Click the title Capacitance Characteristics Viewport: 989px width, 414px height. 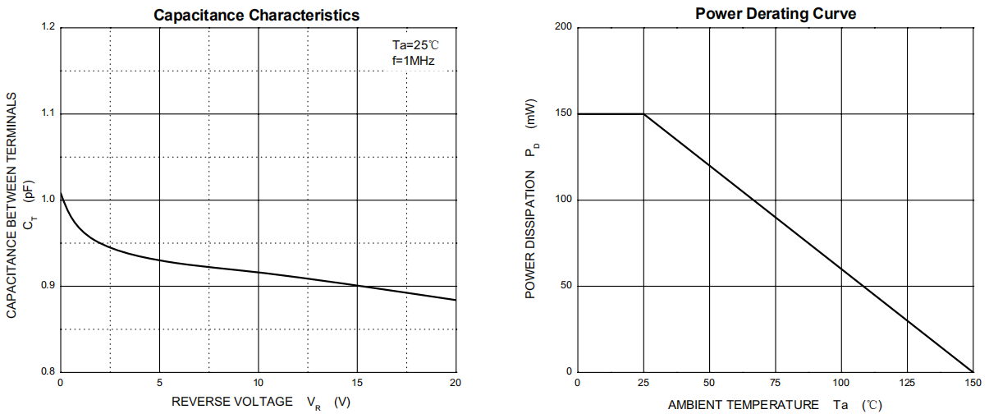click(257, 14)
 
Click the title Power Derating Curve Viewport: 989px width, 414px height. click(775, 13)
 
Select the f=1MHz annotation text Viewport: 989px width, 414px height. click(413, 61)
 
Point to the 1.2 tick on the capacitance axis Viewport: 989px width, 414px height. click(48, 28)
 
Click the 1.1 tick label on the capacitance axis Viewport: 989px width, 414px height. click(48, 113)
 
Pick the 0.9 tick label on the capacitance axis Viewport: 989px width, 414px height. click(48, 286)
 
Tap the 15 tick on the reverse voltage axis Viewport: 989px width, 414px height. click(357, 383)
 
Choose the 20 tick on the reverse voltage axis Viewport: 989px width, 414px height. click(456, 383)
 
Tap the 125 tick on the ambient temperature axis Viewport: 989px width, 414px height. click(907, 383)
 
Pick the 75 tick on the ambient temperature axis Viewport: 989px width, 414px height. click(775, 383)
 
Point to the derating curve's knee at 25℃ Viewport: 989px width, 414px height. click(644, 114)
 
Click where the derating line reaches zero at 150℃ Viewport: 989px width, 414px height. click(973, 372)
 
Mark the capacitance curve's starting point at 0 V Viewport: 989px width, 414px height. click(61, 192)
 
